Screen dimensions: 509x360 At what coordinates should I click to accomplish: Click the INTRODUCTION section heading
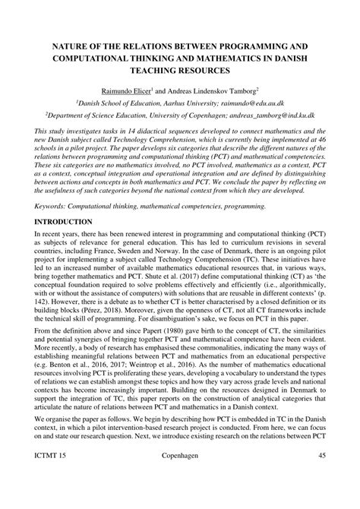[x=62, y=221]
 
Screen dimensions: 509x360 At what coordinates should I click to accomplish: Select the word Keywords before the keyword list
[x=50, y=206]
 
